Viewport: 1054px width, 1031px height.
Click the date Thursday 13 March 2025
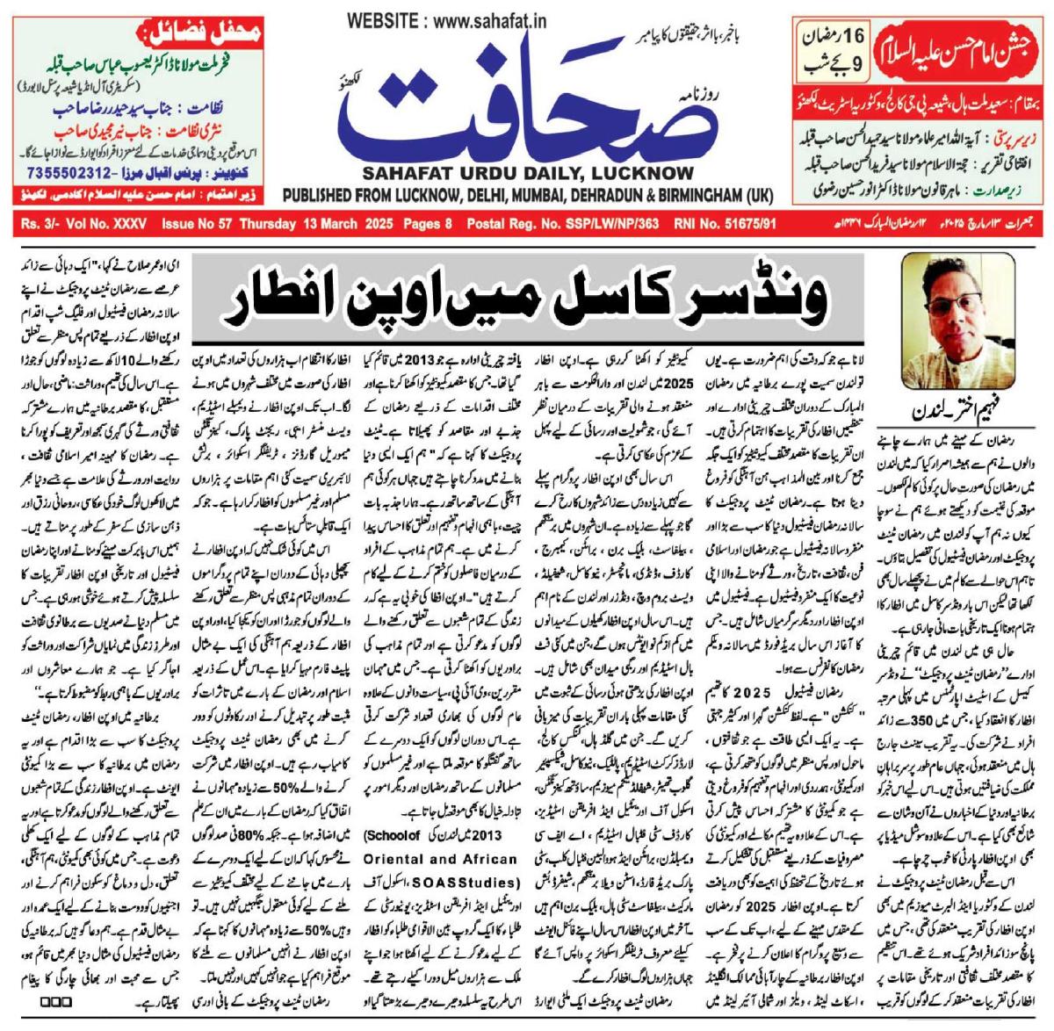pyautogui.click(x=319, y=225)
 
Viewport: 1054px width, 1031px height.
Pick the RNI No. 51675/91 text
pyautogui.click(x=726, y=225)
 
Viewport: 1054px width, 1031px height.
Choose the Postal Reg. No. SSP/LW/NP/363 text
pyautogui.click(x=563, y=225)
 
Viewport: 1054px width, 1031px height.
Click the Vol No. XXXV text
pyautogui.click(x=110, y=225)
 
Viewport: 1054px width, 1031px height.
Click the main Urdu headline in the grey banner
pyautogui.click(x=535, y=298)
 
